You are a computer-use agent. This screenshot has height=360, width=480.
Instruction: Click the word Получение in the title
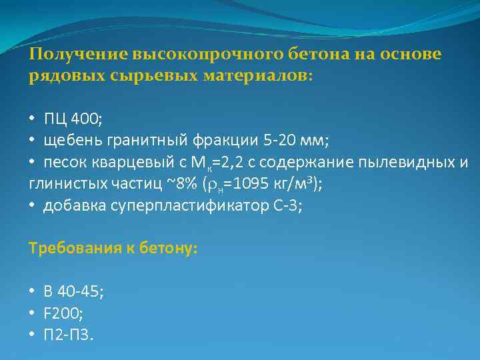[x=79, y=54]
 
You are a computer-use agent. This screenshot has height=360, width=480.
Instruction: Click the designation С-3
[x=286, y=206]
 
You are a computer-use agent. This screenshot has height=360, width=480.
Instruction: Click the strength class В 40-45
[x=73, y=291]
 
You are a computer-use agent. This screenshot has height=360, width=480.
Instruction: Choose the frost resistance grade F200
[x=65, y=313]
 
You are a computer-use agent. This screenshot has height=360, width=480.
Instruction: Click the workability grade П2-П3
[x=69, y=334]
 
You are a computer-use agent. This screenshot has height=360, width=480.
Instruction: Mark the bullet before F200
[x=33, y=313]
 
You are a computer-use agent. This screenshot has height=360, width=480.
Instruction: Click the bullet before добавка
[x=33, y=206]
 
